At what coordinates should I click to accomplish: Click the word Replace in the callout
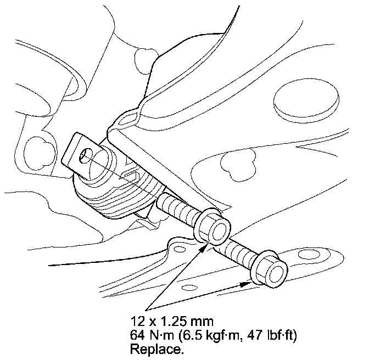pos(156,350)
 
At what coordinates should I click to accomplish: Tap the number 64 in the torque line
pos(138,335)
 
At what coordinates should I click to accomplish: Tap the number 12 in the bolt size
pos(137,321)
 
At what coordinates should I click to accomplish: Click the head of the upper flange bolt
pos(212,227)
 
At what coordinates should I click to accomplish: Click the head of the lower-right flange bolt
pos(269,269)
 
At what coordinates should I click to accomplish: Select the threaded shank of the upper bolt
pos(176,207)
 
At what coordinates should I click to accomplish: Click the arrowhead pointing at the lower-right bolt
pos(245,284)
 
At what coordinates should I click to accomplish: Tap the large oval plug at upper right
pos(306,100)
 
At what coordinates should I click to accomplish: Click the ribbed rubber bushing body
pos(118,190)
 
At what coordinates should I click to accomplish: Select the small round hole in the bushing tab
pos(86,155)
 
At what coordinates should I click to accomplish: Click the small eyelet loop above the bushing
pos(129,117)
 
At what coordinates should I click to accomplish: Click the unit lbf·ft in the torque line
pos(280,335)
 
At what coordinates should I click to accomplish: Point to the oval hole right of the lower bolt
pos(309,255)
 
